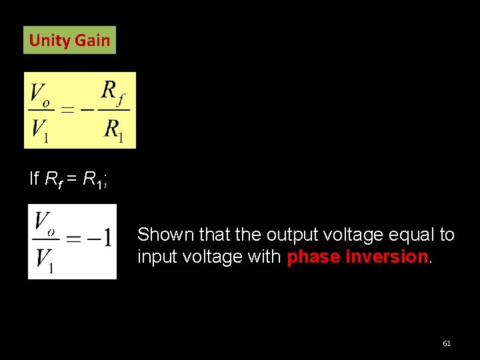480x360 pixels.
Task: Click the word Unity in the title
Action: click(x=50, y=40)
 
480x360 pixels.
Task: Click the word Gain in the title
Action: click(x=92, y=40)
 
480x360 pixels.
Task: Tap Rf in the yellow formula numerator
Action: click(x=115, y=91)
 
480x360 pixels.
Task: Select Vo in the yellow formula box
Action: click(x=40, y=93)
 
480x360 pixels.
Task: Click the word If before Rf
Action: click(x=34, y=179)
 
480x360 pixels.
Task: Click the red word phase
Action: click(x=309, y=257)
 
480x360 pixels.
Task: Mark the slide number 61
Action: click(x=447, y=343)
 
